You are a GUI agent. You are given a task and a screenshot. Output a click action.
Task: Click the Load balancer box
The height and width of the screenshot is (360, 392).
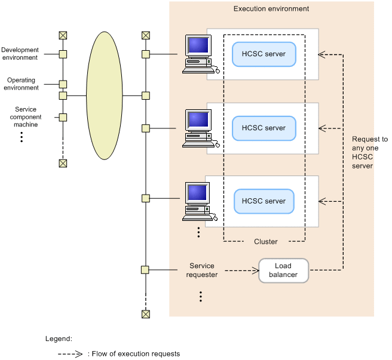tap(283, 270)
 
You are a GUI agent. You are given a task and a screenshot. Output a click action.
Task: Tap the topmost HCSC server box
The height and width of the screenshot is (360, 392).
tap(264, 54)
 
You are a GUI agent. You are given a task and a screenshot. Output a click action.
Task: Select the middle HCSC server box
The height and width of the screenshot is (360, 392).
tap(264, 128)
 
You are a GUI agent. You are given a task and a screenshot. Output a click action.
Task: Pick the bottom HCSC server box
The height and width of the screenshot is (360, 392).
tap(264, 201)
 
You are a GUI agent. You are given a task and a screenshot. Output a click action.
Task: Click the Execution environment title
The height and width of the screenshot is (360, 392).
tap(271, 9)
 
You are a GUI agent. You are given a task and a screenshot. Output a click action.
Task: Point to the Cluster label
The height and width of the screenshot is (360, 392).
tap(265, 242)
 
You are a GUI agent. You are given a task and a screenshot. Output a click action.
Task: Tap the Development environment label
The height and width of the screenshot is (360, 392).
tap(20, 54)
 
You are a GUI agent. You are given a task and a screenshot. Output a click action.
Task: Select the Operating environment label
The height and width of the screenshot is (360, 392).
tap(21, 84)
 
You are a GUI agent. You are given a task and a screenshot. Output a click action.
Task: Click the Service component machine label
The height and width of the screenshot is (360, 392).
tap(26, 117)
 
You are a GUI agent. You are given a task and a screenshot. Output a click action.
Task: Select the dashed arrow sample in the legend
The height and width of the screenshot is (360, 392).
tap(70, 353)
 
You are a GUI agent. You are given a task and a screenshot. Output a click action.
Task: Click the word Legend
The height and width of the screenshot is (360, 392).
tap(59, 339)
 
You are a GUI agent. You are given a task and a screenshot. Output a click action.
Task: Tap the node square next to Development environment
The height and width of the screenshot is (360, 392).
tap(63, 54)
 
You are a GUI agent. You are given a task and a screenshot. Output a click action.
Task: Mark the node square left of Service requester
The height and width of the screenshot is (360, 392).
tap(145, 270)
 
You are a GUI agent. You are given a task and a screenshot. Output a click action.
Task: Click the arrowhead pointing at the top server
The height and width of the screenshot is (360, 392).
tap(321, 54)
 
